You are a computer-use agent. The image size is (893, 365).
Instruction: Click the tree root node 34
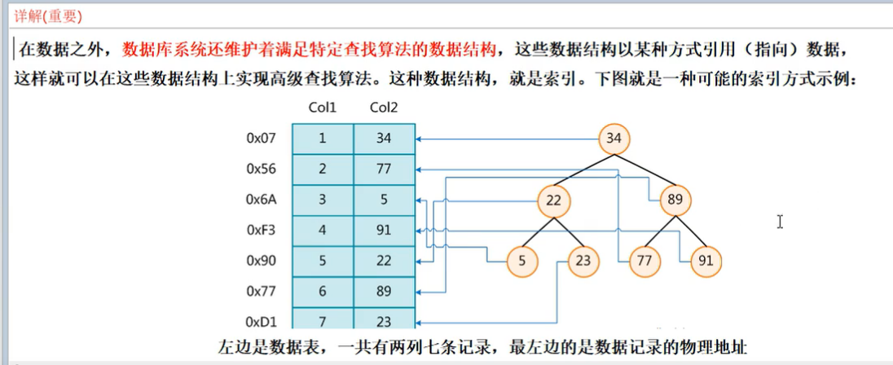point(614,139)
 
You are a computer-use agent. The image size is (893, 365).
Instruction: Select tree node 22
point(555,200)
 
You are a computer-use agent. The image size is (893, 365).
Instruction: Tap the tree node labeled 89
point(675,200)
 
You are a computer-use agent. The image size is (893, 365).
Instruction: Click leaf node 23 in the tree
point(583,262)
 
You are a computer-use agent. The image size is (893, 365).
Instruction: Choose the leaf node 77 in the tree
point(644,262)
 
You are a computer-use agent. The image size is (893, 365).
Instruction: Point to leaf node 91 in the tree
point(706,262)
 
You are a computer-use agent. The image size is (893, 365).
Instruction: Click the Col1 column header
point(322,108)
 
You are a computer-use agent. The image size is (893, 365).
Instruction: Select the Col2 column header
point(384,108)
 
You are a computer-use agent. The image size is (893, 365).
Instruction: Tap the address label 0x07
point(262,139)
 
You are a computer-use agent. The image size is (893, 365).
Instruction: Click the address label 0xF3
point(262,231)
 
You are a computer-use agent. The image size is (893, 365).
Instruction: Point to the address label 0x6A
point(262,200)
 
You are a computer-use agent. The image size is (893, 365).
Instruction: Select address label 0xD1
point(262,322)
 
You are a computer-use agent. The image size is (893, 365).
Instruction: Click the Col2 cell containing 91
point(384,231)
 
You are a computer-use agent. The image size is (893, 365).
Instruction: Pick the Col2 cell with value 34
point(384,139)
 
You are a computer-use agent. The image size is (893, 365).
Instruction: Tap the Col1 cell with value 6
point(322,292)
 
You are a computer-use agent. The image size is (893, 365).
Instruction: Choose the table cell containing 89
point(384,292)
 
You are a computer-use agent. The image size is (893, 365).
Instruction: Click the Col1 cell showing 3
point(322,200)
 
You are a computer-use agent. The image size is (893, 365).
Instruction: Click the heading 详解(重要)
point(48,16)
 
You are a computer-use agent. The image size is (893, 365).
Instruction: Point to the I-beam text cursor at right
point(780,222)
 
